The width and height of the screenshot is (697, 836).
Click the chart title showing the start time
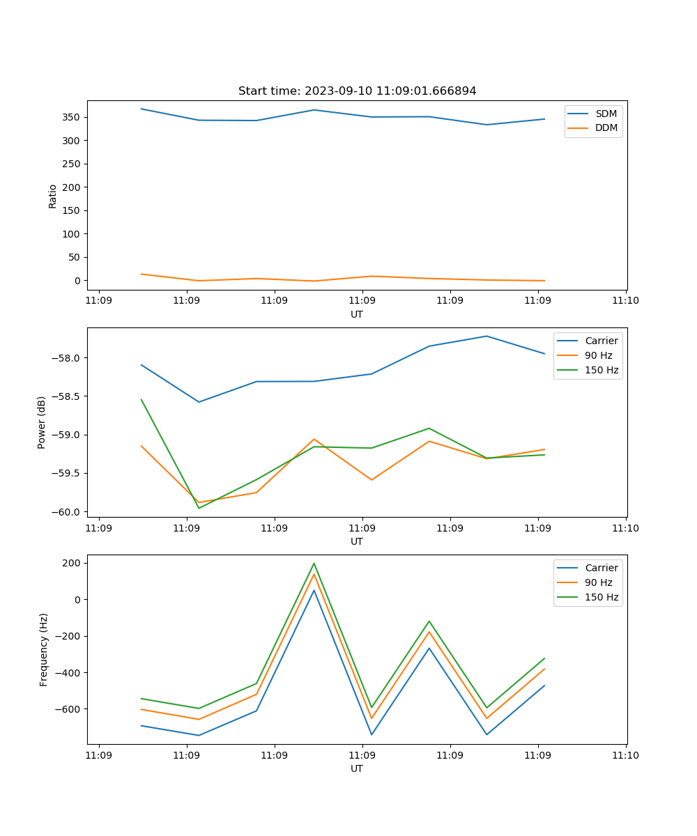(357, 91)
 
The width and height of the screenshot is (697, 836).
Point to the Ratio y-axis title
(53, 196)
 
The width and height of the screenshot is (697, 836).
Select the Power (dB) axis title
(42, 422)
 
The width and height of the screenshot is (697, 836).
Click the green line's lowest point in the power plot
(199, 508)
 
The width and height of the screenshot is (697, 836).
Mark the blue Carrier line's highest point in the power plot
(487, 336)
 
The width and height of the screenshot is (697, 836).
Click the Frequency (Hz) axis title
(44, 649)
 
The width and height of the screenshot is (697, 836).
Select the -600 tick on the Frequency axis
(70, 709)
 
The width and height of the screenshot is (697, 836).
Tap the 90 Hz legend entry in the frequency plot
(599, 582)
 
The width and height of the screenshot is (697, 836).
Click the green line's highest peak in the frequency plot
(314, 563)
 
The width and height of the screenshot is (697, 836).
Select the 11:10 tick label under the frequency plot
(625, 755)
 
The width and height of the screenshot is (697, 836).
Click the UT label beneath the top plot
(357, 314)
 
